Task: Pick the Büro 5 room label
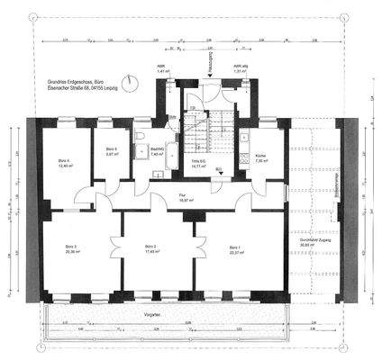pos(111,150)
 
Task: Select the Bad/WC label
pos(155,151)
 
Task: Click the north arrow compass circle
pos(133,81)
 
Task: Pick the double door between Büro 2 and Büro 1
pos(193,247)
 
